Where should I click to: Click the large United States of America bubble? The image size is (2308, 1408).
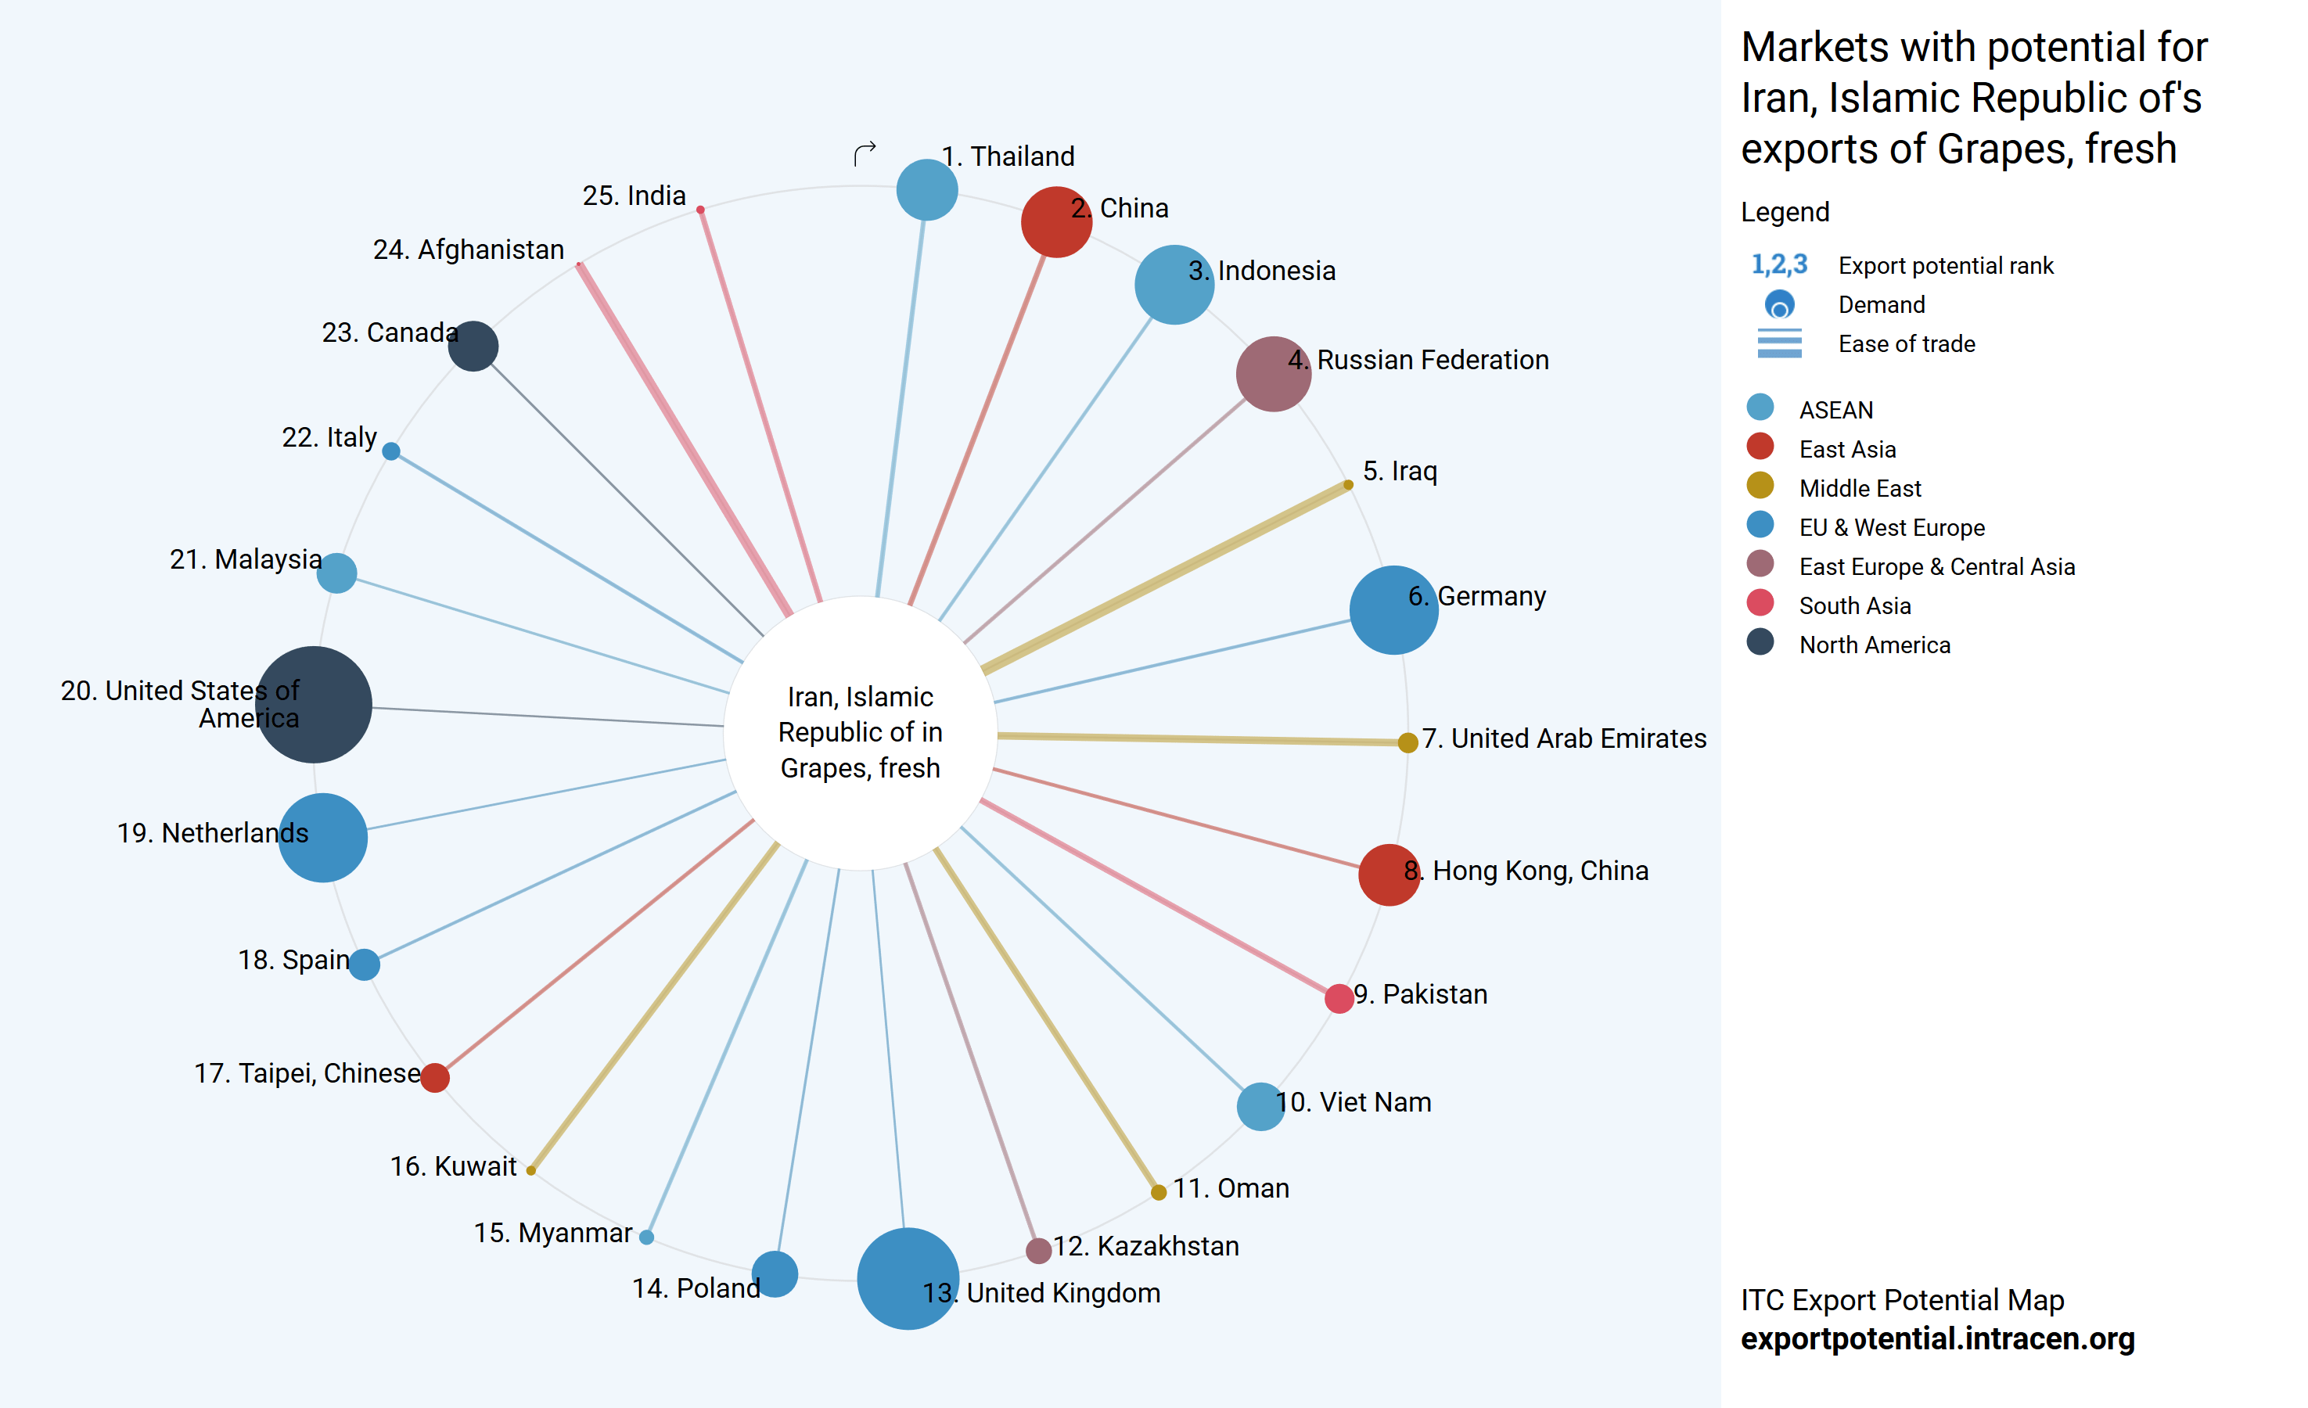point(314,705)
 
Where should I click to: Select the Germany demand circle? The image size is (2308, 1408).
point(1393,610)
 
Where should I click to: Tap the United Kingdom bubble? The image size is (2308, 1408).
point(908,1278)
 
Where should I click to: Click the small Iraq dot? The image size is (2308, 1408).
point(1348,484)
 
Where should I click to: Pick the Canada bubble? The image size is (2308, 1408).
point(473,347)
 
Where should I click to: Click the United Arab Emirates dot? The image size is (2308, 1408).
point(1407,743)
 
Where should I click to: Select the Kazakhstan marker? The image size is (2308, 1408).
point(1038,1250)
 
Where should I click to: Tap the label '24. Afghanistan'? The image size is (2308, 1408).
point(469,250)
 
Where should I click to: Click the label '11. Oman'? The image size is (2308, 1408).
point(1231,1189)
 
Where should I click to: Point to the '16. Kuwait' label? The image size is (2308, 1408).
point(453,1166)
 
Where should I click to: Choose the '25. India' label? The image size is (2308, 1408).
point(635,196)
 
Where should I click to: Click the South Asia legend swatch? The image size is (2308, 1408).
point(1760,602)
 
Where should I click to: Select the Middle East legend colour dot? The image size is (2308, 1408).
point(1760,485)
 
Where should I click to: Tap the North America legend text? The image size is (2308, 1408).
point(1875,645)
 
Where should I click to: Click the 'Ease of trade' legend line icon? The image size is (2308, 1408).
point(1779,344)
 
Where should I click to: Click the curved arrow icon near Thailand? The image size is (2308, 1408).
point(865,153)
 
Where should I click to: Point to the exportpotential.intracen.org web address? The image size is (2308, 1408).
point(1937,1338)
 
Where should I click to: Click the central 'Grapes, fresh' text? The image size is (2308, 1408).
point(860,768)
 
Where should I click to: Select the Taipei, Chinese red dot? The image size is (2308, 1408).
point(435,1077)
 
